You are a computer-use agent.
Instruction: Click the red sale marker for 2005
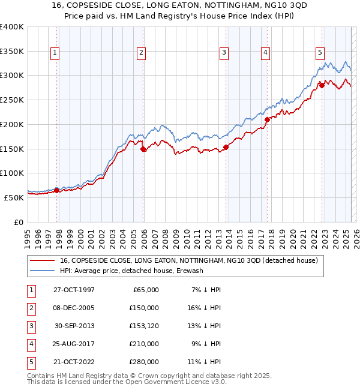click(143, 149)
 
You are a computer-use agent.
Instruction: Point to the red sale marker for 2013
click(226, 147)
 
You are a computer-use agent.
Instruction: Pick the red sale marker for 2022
click(322, 85)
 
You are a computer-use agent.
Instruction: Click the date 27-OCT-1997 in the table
click(74, 290)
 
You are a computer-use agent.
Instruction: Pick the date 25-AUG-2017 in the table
click(74, 344)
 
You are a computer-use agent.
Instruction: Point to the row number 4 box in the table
click(30, 344)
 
